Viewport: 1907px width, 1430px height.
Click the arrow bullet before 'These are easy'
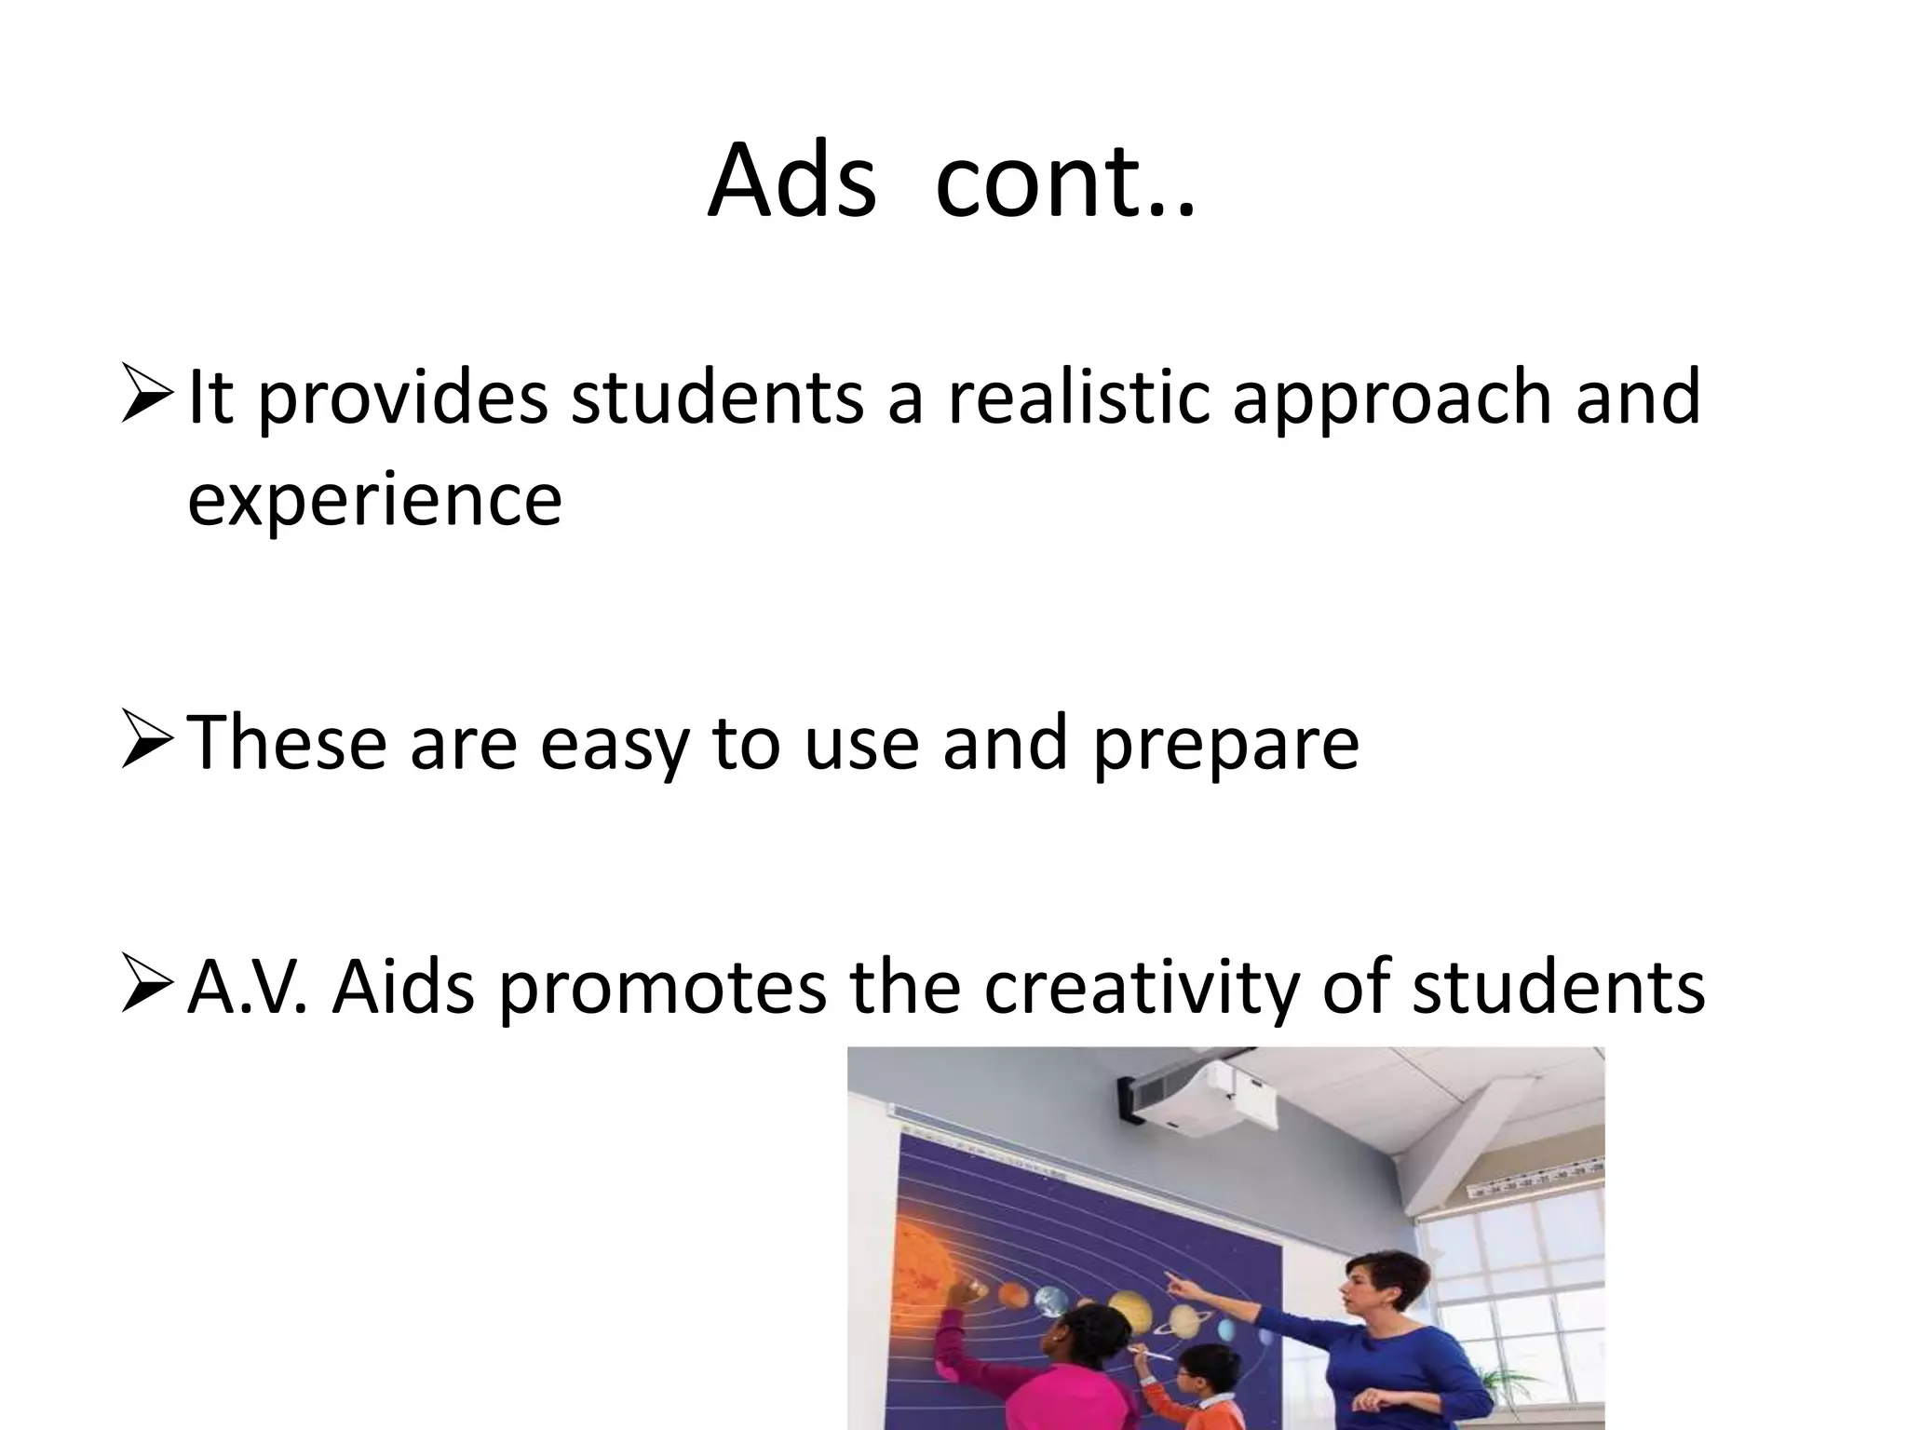147,742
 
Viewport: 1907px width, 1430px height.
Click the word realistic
1079,398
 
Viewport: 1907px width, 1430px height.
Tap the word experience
374,500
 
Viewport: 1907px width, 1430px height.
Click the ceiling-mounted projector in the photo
1210,1102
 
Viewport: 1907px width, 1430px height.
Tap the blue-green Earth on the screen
1052,1302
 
